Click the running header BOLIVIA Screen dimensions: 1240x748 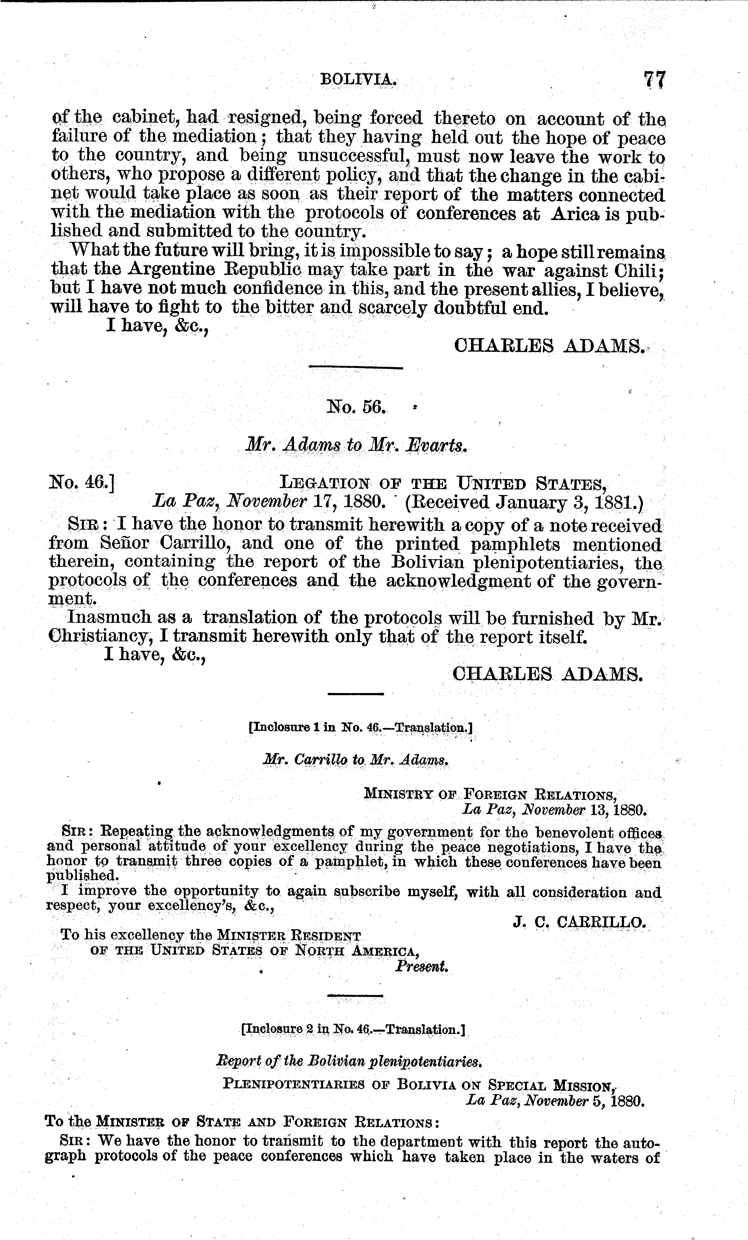coord(358,80)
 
